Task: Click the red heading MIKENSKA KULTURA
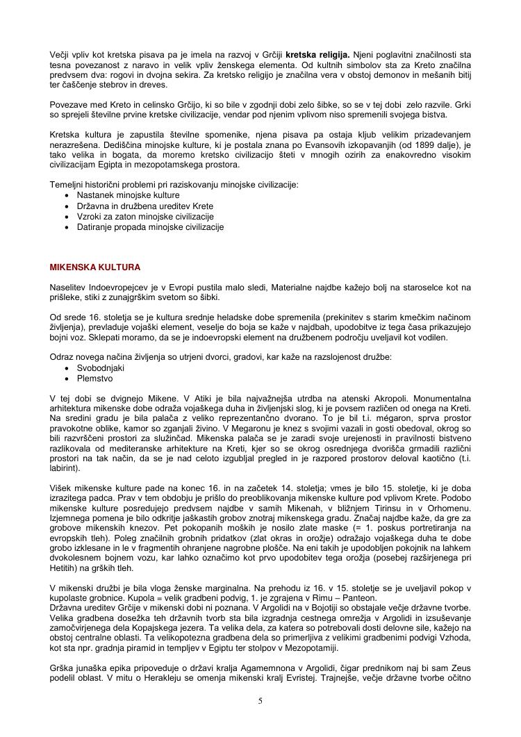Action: point(95,267)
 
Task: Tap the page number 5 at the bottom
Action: point(260,701)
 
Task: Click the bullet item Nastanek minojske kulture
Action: point(119,196)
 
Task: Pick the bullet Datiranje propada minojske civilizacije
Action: point(150,226)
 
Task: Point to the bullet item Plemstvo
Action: point(94,379)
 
